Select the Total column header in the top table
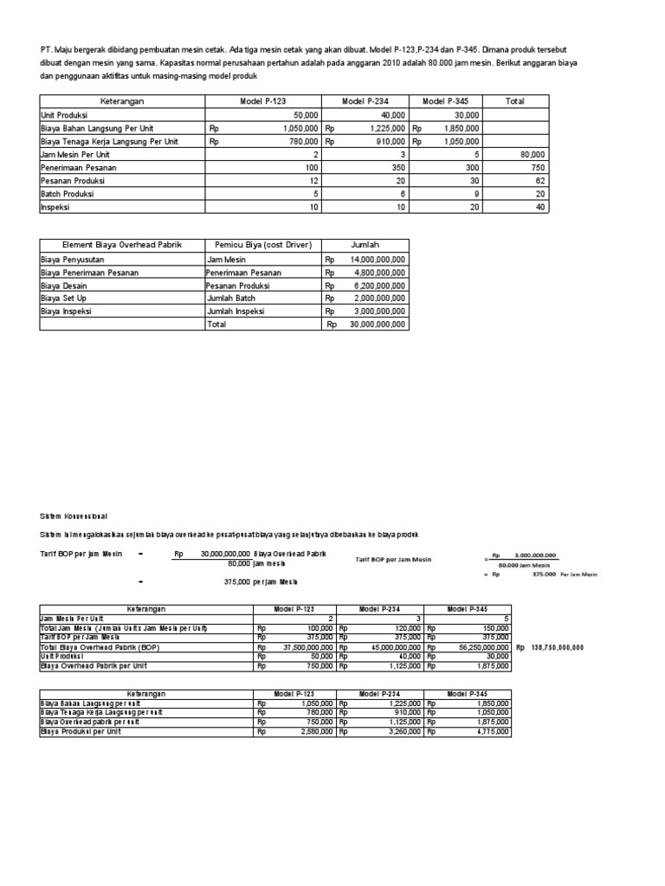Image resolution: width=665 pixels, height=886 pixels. click(x=515, y=101)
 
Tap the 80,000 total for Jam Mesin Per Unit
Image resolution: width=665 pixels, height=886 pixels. click(x=532, y=153)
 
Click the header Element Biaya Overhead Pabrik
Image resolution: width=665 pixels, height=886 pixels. click(x=121, y=245)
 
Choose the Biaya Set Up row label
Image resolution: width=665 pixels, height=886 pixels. click(x=65, y=298)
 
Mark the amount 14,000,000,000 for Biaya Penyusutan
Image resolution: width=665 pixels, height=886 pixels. click(x=378, y=259)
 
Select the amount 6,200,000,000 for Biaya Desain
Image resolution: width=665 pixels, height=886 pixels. click(x=378, y=285)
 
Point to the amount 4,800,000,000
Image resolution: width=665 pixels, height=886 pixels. click(x=378, y=272)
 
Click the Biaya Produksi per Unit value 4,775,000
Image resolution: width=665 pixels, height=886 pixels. click(x=489, y=731)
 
